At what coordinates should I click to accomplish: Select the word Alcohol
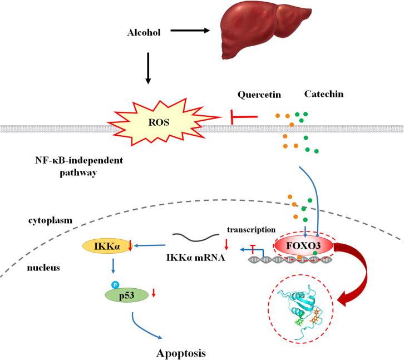pos(144,33)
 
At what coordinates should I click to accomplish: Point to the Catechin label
pos(323,94)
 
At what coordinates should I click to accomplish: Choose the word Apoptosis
pos(187,352)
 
